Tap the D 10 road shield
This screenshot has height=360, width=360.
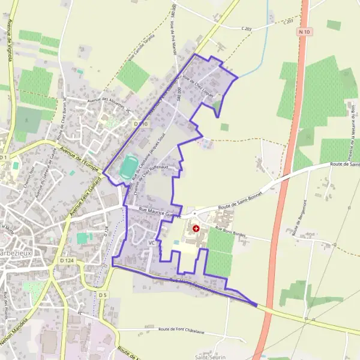point(140,124)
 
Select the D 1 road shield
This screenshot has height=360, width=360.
point(4,157)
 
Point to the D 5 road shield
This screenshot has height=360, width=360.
point(103,295)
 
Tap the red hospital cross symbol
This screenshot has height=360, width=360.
point(196,229)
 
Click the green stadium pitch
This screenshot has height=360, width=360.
point(127,167)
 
